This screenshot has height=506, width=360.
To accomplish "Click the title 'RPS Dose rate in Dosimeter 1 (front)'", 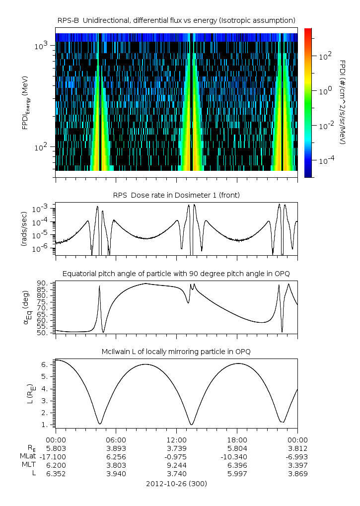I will pos(176,195).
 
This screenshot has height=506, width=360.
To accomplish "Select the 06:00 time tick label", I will pos(116,439).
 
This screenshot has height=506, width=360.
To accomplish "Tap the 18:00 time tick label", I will pos(237,439).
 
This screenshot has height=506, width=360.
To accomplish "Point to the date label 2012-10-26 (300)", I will pos(176,483).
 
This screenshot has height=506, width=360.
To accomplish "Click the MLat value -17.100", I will pos(55,456).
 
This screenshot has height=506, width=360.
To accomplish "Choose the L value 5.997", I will pos(237,473).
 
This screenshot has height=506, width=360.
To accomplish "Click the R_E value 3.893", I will pos(116,448).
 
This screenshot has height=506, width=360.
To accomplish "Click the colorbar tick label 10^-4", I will pos(325,160).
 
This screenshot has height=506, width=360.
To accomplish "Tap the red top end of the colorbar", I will pos(307,31).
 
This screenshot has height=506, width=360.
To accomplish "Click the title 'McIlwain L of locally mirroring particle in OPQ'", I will pos(176,352).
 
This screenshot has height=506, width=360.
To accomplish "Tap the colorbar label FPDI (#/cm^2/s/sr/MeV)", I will pos(343,102).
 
